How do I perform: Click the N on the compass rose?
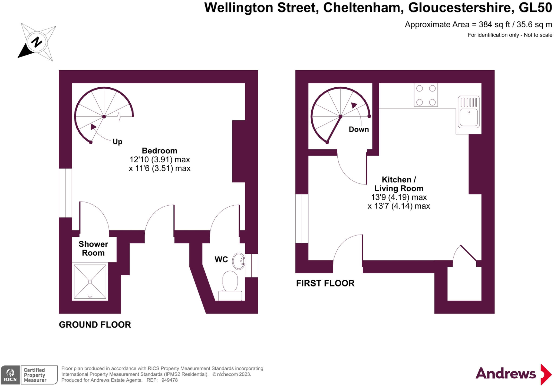[37, 42]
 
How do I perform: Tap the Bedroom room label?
[160, 151]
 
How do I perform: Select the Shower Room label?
[93, 248]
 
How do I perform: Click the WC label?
[221, 259]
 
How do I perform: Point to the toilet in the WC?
[230, 286]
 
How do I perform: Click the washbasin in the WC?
[239, 261]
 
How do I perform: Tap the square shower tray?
[90, 282]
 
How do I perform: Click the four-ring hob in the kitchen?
[426, 95]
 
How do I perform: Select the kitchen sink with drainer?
[469, 112]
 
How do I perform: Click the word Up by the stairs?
[117, 141]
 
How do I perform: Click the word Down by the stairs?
[359, 129]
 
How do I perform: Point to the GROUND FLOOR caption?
[95, 325]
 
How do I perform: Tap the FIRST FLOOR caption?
[325, 283]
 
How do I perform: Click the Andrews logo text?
[506, 374]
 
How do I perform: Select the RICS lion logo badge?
[10, 375]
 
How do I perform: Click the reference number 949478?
[169, 380]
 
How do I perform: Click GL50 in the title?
[535, 7]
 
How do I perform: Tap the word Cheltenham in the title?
[362, 7]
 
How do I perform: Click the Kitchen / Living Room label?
[399, 184]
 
